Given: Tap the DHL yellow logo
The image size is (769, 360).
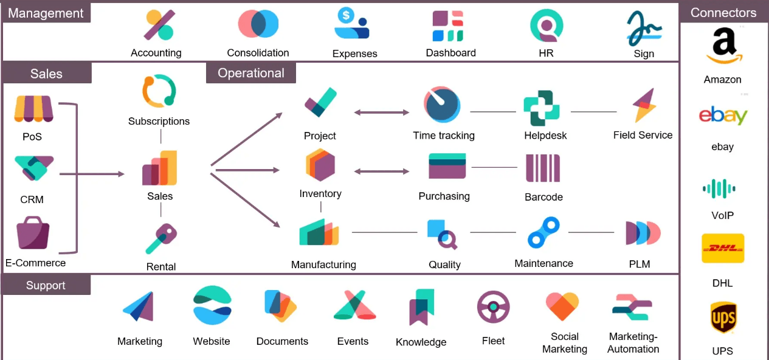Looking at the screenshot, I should coord(722,248).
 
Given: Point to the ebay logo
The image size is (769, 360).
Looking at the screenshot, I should coord(723,116).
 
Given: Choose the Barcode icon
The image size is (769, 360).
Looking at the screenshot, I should coord(543,168).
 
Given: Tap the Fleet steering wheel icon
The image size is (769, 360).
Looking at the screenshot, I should coord(493,306).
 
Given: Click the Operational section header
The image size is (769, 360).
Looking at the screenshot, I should coord(251,74).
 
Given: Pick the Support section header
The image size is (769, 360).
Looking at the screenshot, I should coord(46,285).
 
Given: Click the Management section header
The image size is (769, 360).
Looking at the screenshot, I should coord(46,13).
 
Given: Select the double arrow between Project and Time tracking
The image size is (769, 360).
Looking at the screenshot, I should coord(382,112).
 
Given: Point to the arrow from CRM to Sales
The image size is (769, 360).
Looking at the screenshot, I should coord(91,175).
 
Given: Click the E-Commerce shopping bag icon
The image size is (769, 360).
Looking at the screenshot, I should coord(33,233).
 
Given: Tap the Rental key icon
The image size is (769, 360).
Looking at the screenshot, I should coord(161,238).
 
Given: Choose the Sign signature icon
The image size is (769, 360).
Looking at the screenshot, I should coord(644,28).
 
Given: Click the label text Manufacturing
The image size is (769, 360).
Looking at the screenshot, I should coord(323,265).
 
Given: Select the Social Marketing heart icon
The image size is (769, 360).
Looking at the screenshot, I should coord(562,306).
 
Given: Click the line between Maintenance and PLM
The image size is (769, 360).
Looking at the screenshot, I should coord(590,232).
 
